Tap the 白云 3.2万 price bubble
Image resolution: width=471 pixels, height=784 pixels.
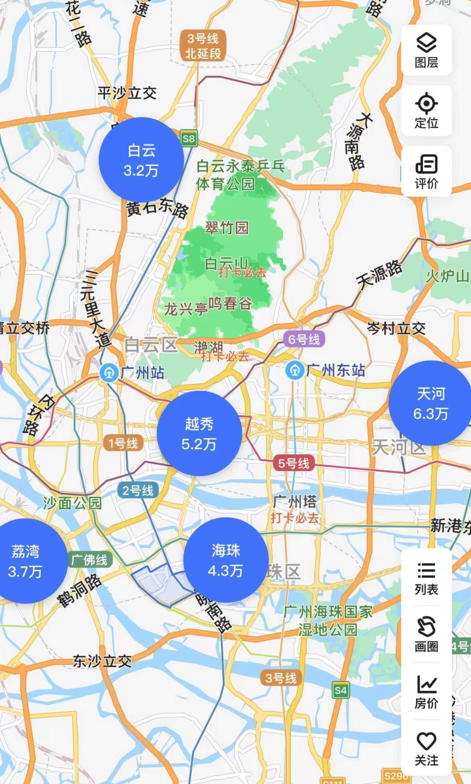[141, 160]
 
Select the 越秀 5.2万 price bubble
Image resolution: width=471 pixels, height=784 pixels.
[199, 433]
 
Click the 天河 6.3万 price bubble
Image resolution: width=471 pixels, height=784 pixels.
[431, 403]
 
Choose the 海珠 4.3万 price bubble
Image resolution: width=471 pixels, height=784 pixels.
[225, 560]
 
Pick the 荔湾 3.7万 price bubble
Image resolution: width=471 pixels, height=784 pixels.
[25, 561]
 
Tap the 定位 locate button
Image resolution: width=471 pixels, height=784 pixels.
[426, 111]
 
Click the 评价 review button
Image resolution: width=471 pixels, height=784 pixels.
[426, 171]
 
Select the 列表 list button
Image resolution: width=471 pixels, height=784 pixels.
[426, 578]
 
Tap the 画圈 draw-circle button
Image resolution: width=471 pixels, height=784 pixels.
[426, 634]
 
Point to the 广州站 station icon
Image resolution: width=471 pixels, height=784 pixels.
[109, 373]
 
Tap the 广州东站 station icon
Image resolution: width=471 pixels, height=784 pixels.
[295, 371]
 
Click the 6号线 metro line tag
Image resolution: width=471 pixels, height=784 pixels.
[304, 339]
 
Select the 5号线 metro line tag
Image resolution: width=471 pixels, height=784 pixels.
[294, 463]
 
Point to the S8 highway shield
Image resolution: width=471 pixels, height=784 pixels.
[189, 139]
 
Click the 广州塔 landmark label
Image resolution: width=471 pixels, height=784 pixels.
[295, 502]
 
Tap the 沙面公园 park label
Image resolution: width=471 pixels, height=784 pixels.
[72, 503]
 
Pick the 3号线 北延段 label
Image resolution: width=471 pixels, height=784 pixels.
[203, 46]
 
